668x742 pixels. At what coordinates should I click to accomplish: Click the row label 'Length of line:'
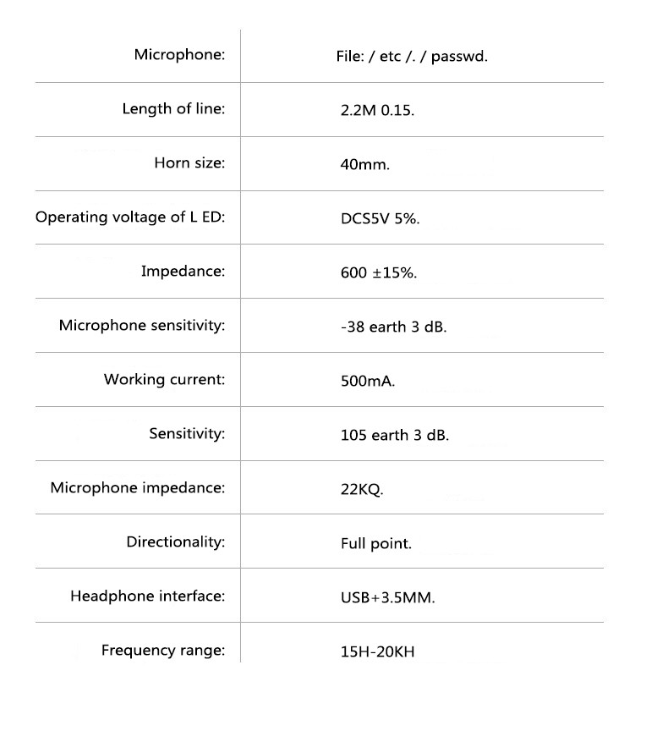(x=173, y=109)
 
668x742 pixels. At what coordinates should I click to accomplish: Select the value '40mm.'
(x=364, y=164)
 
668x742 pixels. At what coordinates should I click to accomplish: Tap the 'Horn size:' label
(x=189, y=163)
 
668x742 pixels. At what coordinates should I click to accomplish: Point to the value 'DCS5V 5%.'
(x=380, y=218)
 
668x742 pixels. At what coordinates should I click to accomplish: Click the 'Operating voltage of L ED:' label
(x=130, y=217)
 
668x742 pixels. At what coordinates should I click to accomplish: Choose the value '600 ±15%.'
(x=378, y=272)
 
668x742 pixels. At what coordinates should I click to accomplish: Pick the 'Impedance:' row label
(x=183, y=272)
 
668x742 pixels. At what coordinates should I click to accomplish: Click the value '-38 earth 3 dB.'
(x=393, y=327)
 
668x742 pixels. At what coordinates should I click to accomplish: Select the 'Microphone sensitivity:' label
(x=142, y=326)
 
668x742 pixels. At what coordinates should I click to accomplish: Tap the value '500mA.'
(x=368, y=381)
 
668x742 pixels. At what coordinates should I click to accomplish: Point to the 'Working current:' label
(x=165, y=380)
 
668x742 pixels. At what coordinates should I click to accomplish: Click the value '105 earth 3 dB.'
(x=395, y=435)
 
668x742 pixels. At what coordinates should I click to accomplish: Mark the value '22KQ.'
(x=362, y=489)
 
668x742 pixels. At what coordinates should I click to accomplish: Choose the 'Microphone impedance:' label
(x=138, y=488)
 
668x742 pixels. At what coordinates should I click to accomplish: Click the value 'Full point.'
(x=376, y=543)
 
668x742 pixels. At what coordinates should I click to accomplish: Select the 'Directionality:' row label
(x=176, y=542)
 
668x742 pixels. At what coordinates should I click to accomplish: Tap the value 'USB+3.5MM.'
(x=387, y=597)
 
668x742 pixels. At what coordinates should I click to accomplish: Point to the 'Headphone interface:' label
(x=148, y=596)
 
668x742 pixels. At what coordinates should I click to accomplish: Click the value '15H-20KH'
(x=377, y=652)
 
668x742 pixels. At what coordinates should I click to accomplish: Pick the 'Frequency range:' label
(x=163, y=651)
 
